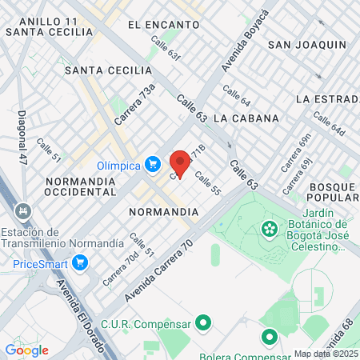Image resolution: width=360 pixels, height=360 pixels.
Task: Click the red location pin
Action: pos(180,163)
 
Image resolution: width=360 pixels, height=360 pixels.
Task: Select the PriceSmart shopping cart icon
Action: pos(79,262)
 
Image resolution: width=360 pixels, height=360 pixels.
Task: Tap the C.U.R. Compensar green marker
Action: pos(204,324)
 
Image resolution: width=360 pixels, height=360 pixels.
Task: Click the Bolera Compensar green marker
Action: pos(268,336)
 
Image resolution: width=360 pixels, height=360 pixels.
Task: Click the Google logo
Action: pos(26,350)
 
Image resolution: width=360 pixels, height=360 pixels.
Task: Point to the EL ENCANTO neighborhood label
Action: pos(162,25)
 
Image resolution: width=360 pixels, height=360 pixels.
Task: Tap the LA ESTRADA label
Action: pos(325,99)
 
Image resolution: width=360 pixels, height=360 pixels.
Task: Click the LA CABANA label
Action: pos(246,118)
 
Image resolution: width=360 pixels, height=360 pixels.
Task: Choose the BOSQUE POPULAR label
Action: pos(330,193)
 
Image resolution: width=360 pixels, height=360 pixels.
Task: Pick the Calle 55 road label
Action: pos(206,186)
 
